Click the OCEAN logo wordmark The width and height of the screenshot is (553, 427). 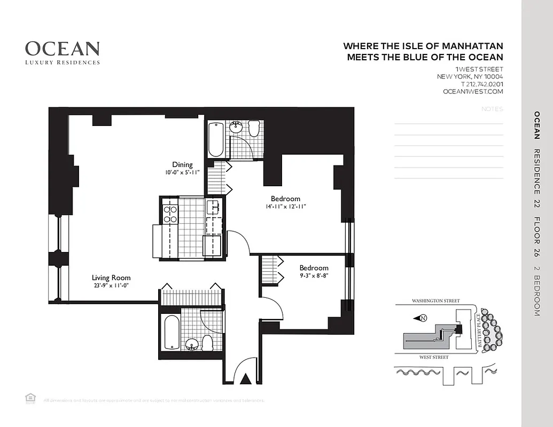(x=62, y=49)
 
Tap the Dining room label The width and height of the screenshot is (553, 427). (x=182, y=164)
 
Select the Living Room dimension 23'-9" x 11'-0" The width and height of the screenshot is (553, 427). (x=111, y=286)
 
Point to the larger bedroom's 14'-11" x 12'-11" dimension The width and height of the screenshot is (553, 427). (x=285, y=207)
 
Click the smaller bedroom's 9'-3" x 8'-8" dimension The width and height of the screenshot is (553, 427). (x=314, y=276)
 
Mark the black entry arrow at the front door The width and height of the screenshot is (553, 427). (x=245, y=379)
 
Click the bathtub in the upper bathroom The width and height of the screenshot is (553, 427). (x=216, y=139)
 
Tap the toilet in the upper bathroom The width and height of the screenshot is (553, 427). (x=254, y=129)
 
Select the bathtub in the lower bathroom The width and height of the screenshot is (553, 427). (x=170, y=332)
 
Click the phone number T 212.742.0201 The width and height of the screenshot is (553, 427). (x=481, y=84)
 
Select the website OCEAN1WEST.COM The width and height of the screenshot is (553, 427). (x=473, y=92)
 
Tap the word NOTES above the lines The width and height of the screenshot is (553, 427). (x=492, y=109)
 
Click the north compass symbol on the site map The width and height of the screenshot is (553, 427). (x=422, y=319)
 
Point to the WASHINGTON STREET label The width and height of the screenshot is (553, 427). (x=435, y=301)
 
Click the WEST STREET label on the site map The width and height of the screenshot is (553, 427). (x=433, y=357)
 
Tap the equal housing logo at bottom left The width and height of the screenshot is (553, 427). (x=29, y=398)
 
